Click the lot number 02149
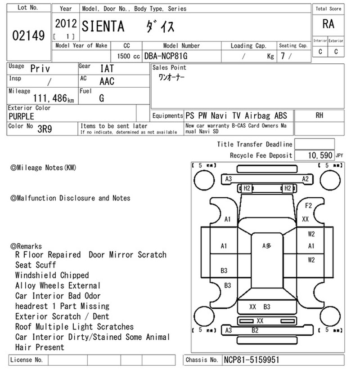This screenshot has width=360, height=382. coord(28,36)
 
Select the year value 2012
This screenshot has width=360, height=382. coord(66,24)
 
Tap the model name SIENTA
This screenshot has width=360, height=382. coord(103,27)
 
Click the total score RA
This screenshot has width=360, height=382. coord(328,24)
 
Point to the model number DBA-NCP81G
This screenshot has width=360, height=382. coord(166,56)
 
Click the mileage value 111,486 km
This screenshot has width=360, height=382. coord(54,98)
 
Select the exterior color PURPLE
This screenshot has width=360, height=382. coord(21,116)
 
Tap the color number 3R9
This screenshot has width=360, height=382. coord(45,129)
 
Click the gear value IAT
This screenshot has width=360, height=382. coord(107,69)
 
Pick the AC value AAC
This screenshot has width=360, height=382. coord(107,81)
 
